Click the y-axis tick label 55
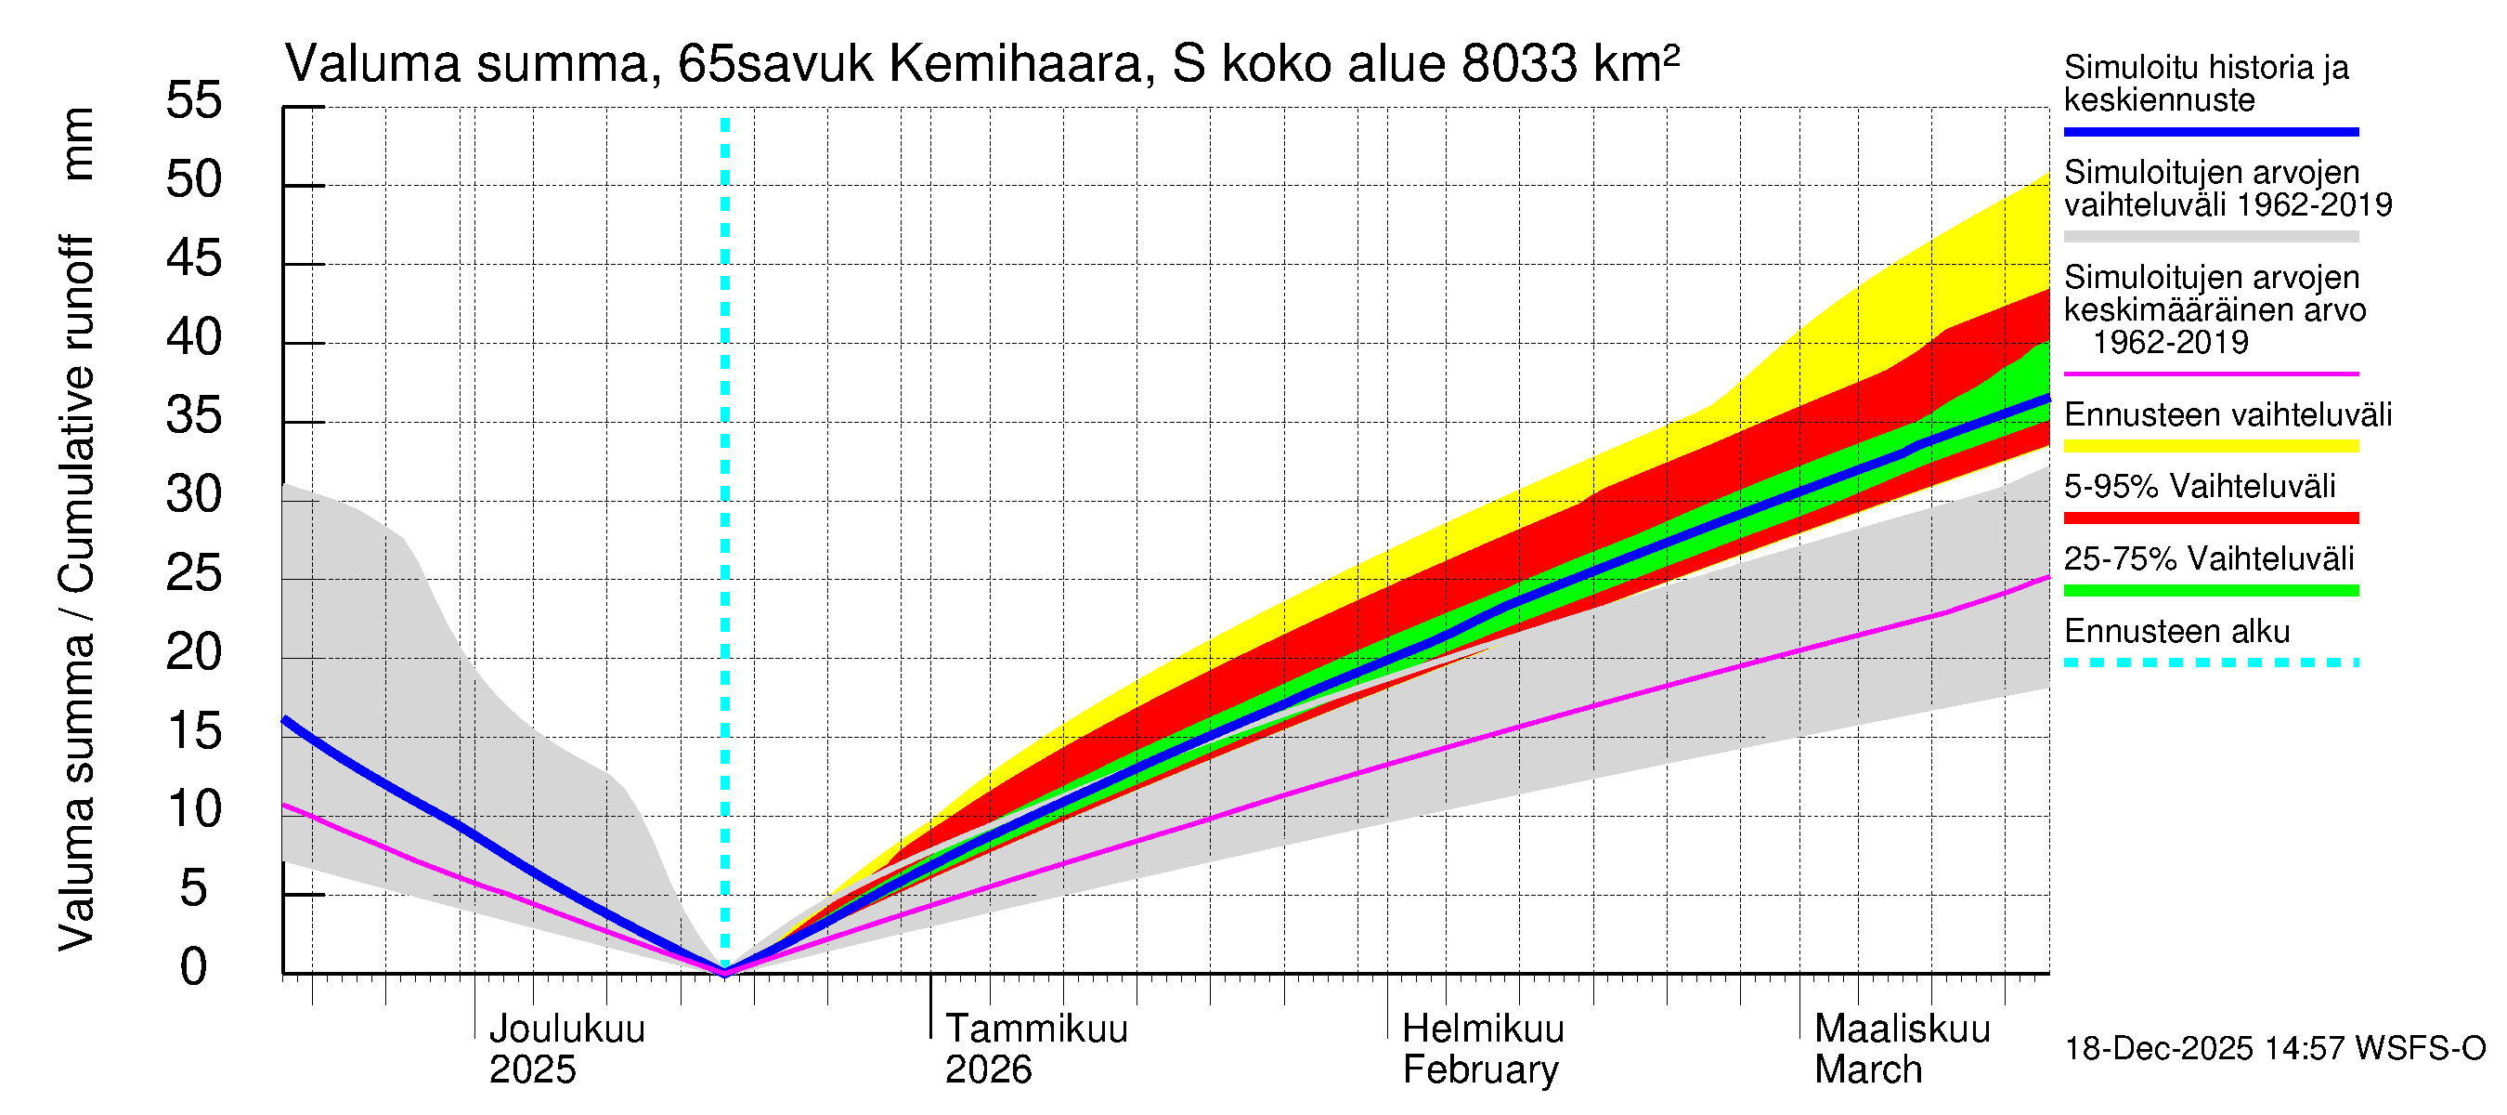(194, 100)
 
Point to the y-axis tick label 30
(194, 494)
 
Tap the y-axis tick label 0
(194, 967)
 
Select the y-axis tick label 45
(194, 258)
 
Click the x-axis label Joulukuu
(566, 1029)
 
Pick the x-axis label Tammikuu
(1035, 1029)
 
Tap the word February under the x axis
(1479, 1069)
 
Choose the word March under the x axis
(1867, 1069)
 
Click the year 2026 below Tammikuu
(988, 1069)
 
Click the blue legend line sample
(2210, 131)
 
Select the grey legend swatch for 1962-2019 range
(2210, 237)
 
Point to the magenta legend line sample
(2210, 374)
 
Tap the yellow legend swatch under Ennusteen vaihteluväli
(2210, 446)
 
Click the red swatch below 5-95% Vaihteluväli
(2210, 518)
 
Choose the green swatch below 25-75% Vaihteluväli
(2210, 590)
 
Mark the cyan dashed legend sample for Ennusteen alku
(2210, 662)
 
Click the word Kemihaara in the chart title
(1016, 64)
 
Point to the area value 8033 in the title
(1518, 64)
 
